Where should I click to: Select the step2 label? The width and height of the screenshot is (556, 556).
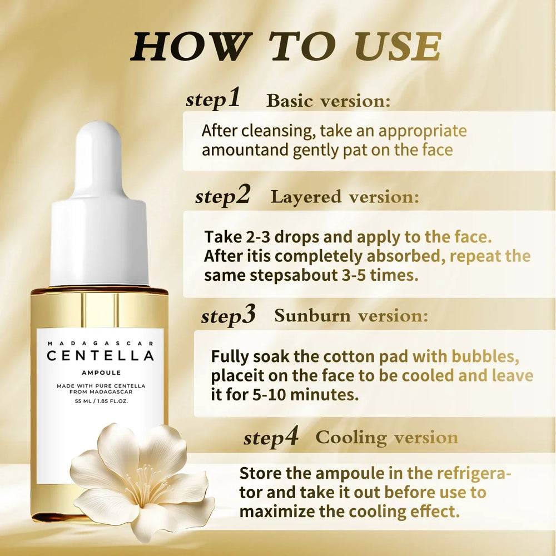pyautogui.click(x=222, y=196)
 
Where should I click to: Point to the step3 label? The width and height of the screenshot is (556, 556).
pyautogui.click(x=228, y=316)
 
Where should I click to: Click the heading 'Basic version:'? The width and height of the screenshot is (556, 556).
pyautogui.click(x=329, y=101)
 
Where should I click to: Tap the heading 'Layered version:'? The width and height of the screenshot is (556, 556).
pyautogui.click(x=345, y=197)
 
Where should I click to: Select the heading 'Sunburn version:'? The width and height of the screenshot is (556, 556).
pyautogui.click(x=351, y=316)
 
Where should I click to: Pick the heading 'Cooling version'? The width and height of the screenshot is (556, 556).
pyautogui.click(x=387, y=438)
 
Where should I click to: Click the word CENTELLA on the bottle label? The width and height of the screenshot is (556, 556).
pyautogui.click(x=100, y=356)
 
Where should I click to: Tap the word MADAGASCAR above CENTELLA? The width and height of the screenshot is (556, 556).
pyautogui.click(x=100, y=343)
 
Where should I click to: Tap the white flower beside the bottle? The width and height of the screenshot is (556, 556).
pyautogui.click(x=142, y=478)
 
